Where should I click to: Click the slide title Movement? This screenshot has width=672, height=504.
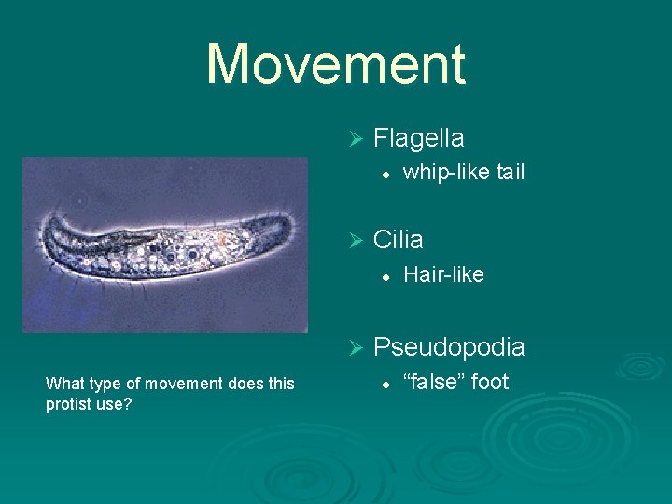[x=335, y=64]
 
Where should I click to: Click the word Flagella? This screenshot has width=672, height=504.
[x=418, y=138]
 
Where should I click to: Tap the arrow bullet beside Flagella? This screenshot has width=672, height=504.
[x=354, y=139]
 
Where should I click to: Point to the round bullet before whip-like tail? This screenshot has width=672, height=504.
[x=384, y=174]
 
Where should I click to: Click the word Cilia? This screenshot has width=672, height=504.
[x=398, y=240]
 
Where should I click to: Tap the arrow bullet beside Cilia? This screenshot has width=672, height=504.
[x=354, y=241]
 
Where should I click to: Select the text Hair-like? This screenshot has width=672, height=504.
[x=443, y=274]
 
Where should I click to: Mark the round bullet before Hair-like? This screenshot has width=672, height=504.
[x=384, y=275]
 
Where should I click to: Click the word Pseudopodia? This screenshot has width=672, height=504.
[x=449, y=347]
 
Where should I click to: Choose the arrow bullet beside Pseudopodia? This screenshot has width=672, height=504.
[x=354, y=348]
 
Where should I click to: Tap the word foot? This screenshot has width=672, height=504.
[x=491, y=381]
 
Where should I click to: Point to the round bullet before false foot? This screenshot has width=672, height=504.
[x=384, y=383]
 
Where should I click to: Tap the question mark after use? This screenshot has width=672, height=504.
[x=128, y=405]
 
